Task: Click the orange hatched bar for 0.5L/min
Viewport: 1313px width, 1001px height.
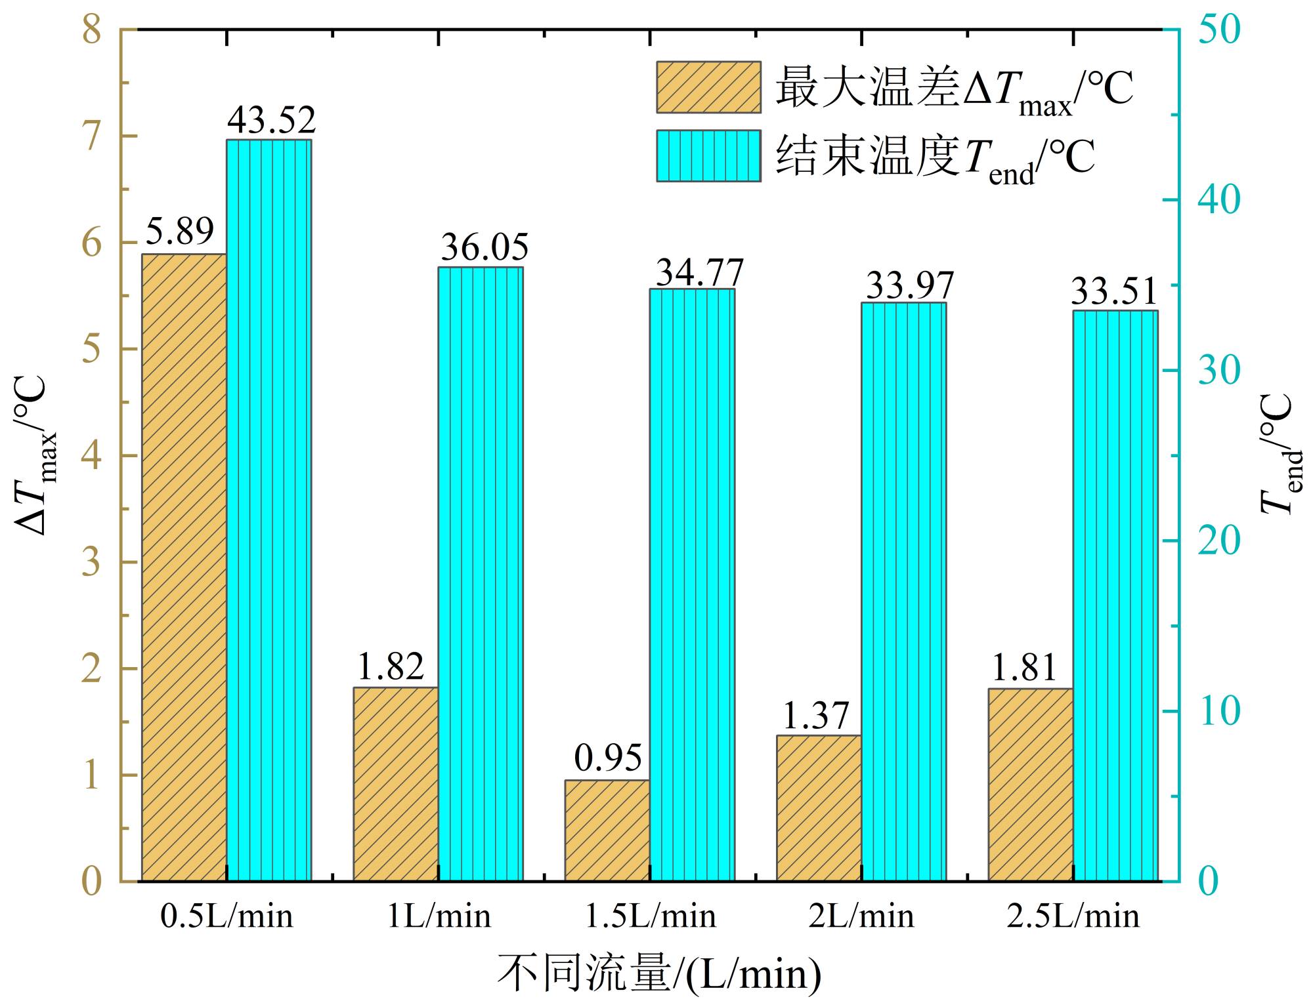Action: (184, 567)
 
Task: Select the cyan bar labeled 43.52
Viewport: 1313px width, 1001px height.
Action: (269, 510)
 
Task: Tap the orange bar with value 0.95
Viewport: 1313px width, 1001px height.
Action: (607, 830)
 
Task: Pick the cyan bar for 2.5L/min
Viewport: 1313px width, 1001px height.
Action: (1115, 595)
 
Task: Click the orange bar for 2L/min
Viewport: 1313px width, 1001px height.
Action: (819, 807)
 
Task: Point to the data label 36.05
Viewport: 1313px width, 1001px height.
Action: (484, 247)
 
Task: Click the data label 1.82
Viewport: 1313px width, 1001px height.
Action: (390, 666)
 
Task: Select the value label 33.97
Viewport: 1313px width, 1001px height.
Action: (909, 285)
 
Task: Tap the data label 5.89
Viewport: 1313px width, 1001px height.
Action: (179, 231)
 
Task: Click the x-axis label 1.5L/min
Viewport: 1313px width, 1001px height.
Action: (650, 916)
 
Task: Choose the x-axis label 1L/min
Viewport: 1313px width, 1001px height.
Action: (439, 916)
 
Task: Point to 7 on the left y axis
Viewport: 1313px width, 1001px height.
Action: (92, 136)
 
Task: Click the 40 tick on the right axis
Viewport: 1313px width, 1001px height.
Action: (1219, 199)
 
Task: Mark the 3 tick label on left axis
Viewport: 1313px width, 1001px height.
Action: (92, 562)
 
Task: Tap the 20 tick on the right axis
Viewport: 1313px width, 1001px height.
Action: (1219, 541)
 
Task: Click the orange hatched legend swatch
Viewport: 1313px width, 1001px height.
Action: (708, 87)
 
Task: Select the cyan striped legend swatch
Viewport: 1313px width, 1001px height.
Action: (708, 155)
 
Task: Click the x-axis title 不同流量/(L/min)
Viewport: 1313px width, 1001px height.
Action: (658, 973)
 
